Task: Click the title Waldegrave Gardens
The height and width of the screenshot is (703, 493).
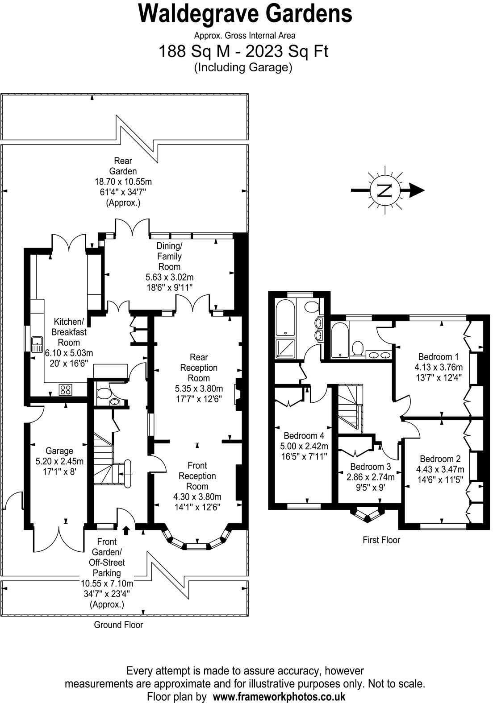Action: tap(245, 13)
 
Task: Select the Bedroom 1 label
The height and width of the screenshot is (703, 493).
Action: tap(438, 357)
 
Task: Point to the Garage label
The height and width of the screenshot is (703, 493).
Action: tap(59, 451)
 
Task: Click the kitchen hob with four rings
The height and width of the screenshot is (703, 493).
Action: tap(65, 389)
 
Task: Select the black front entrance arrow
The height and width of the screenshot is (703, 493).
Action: tap(126, 530)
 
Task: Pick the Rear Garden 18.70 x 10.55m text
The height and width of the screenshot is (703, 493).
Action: tap(123, 182)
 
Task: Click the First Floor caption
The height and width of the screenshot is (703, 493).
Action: tap(381, 540)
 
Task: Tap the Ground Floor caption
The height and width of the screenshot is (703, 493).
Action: tap(118, 625)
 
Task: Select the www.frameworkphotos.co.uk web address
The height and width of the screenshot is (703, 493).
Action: tap(279, 696)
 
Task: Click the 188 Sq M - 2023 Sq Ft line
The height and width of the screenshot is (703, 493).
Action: tap(243, 52)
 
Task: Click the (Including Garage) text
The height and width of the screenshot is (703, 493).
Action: tap(243, 68)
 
